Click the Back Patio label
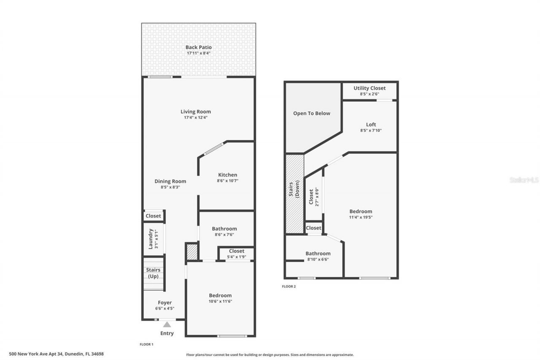click(x=198, y=47)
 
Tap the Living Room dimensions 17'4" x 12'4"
click(x=196, y=118)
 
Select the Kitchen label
click(x=227, y=175)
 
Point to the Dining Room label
click(x=170, y=181)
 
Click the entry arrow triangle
click(x=167, y=325)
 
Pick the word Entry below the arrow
click(x=167, y=333)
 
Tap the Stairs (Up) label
click(x=153, y=273)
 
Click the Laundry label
click(x=151, y=239)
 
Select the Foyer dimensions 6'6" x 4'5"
click(x=165, y=309)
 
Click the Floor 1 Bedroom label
click(x=220, y=295)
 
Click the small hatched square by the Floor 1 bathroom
click(x=192, y=252)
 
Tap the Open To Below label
click(x=312, y=113)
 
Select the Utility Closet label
click(x=370, y=88)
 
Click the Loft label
click(x=371, y=125)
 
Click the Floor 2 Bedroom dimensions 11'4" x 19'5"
click(x=361, y=217)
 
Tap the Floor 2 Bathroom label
click(x=318, y=253)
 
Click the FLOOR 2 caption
click(x=289, y=287)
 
